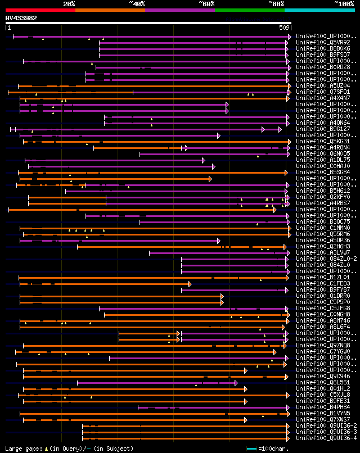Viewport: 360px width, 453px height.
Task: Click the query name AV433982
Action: (x=21, y=18)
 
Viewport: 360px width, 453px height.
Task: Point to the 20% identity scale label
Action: (x=69, y=3)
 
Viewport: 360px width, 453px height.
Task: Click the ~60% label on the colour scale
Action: (x=206, y=3)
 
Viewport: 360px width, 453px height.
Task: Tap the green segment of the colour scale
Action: (x=249, y=10)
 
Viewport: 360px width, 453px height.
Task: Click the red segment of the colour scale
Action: (x=40, y=10)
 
